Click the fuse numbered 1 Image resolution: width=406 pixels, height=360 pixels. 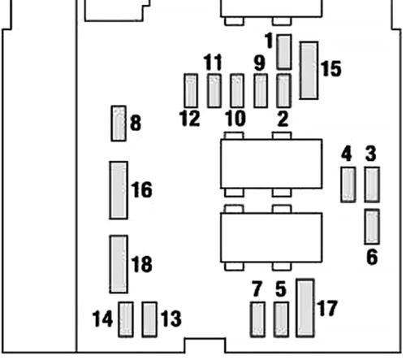(284, 51)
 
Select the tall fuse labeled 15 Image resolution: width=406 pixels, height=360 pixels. (309, 70)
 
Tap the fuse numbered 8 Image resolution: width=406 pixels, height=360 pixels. (119, 123)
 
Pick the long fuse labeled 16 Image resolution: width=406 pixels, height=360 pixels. (119, 189)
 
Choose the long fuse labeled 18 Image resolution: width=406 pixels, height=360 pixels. (119, 264)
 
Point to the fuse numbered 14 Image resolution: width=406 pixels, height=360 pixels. (127, 319)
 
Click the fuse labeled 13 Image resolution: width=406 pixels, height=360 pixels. (149, 319)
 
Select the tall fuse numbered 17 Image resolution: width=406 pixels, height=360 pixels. (305, 307)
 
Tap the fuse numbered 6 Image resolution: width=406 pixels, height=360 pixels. (373, 226)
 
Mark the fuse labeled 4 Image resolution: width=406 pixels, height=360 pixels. (348, 184)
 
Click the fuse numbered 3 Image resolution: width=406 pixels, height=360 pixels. (373, 184)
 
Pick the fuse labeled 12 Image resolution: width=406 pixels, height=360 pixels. (191, 90)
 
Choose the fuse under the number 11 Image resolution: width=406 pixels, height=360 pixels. (214, 90)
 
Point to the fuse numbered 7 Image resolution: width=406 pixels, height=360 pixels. (257, 319)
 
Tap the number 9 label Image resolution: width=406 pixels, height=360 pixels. (259, 63)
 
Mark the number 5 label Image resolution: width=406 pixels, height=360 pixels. (281, 288)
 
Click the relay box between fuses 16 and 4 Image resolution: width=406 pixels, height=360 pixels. (271, 163)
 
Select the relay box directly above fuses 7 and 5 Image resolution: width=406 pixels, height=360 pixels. (271, 237)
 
